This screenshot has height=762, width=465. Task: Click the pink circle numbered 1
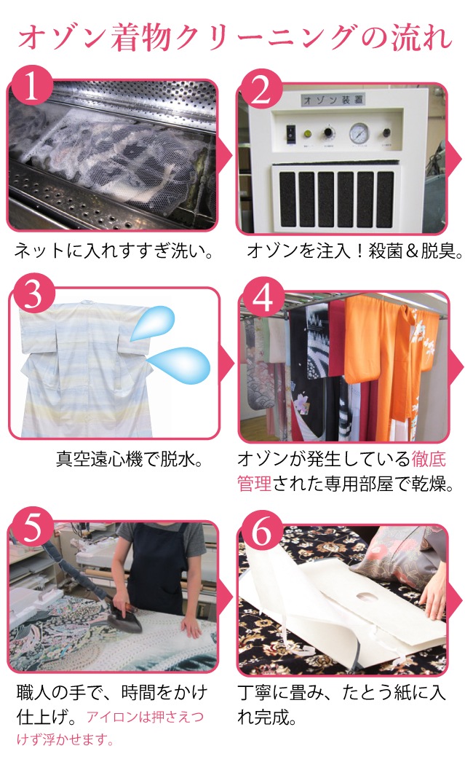[x=31, y=87]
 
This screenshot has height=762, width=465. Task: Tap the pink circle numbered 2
[x=261, y=90]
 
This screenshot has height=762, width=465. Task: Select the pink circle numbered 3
[x=33, y=295]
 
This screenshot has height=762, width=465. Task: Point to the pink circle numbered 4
[x=263, y=297]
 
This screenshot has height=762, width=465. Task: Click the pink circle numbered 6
[x=262, y=531]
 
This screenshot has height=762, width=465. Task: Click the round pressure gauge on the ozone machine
[x=359, y=132]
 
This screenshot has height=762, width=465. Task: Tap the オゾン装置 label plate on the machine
[x=333, y=100]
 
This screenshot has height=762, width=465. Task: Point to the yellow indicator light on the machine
[x=307, y=133]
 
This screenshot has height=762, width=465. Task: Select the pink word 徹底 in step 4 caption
[x=429, y=459]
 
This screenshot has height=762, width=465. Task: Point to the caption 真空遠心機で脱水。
[x=130, y=459]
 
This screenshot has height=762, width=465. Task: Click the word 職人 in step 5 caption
[x=33, y=693]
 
